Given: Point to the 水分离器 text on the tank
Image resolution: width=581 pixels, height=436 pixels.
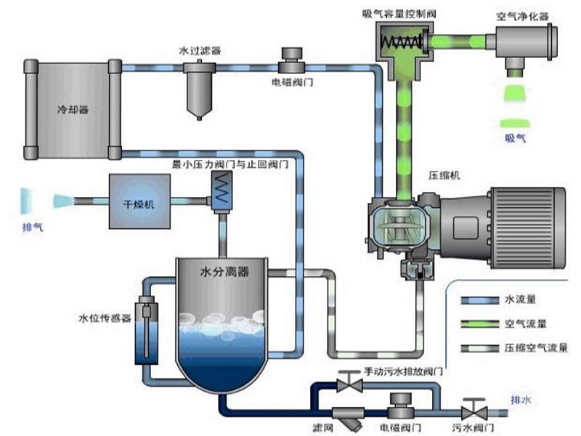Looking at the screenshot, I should tap(224, 272).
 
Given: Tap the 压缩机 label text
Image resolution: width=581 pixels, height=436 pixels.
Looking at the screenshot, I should tap(444, 175).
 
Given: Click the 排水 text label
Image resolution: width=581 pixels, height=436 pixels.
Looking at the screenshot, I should tap(521, 399).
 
